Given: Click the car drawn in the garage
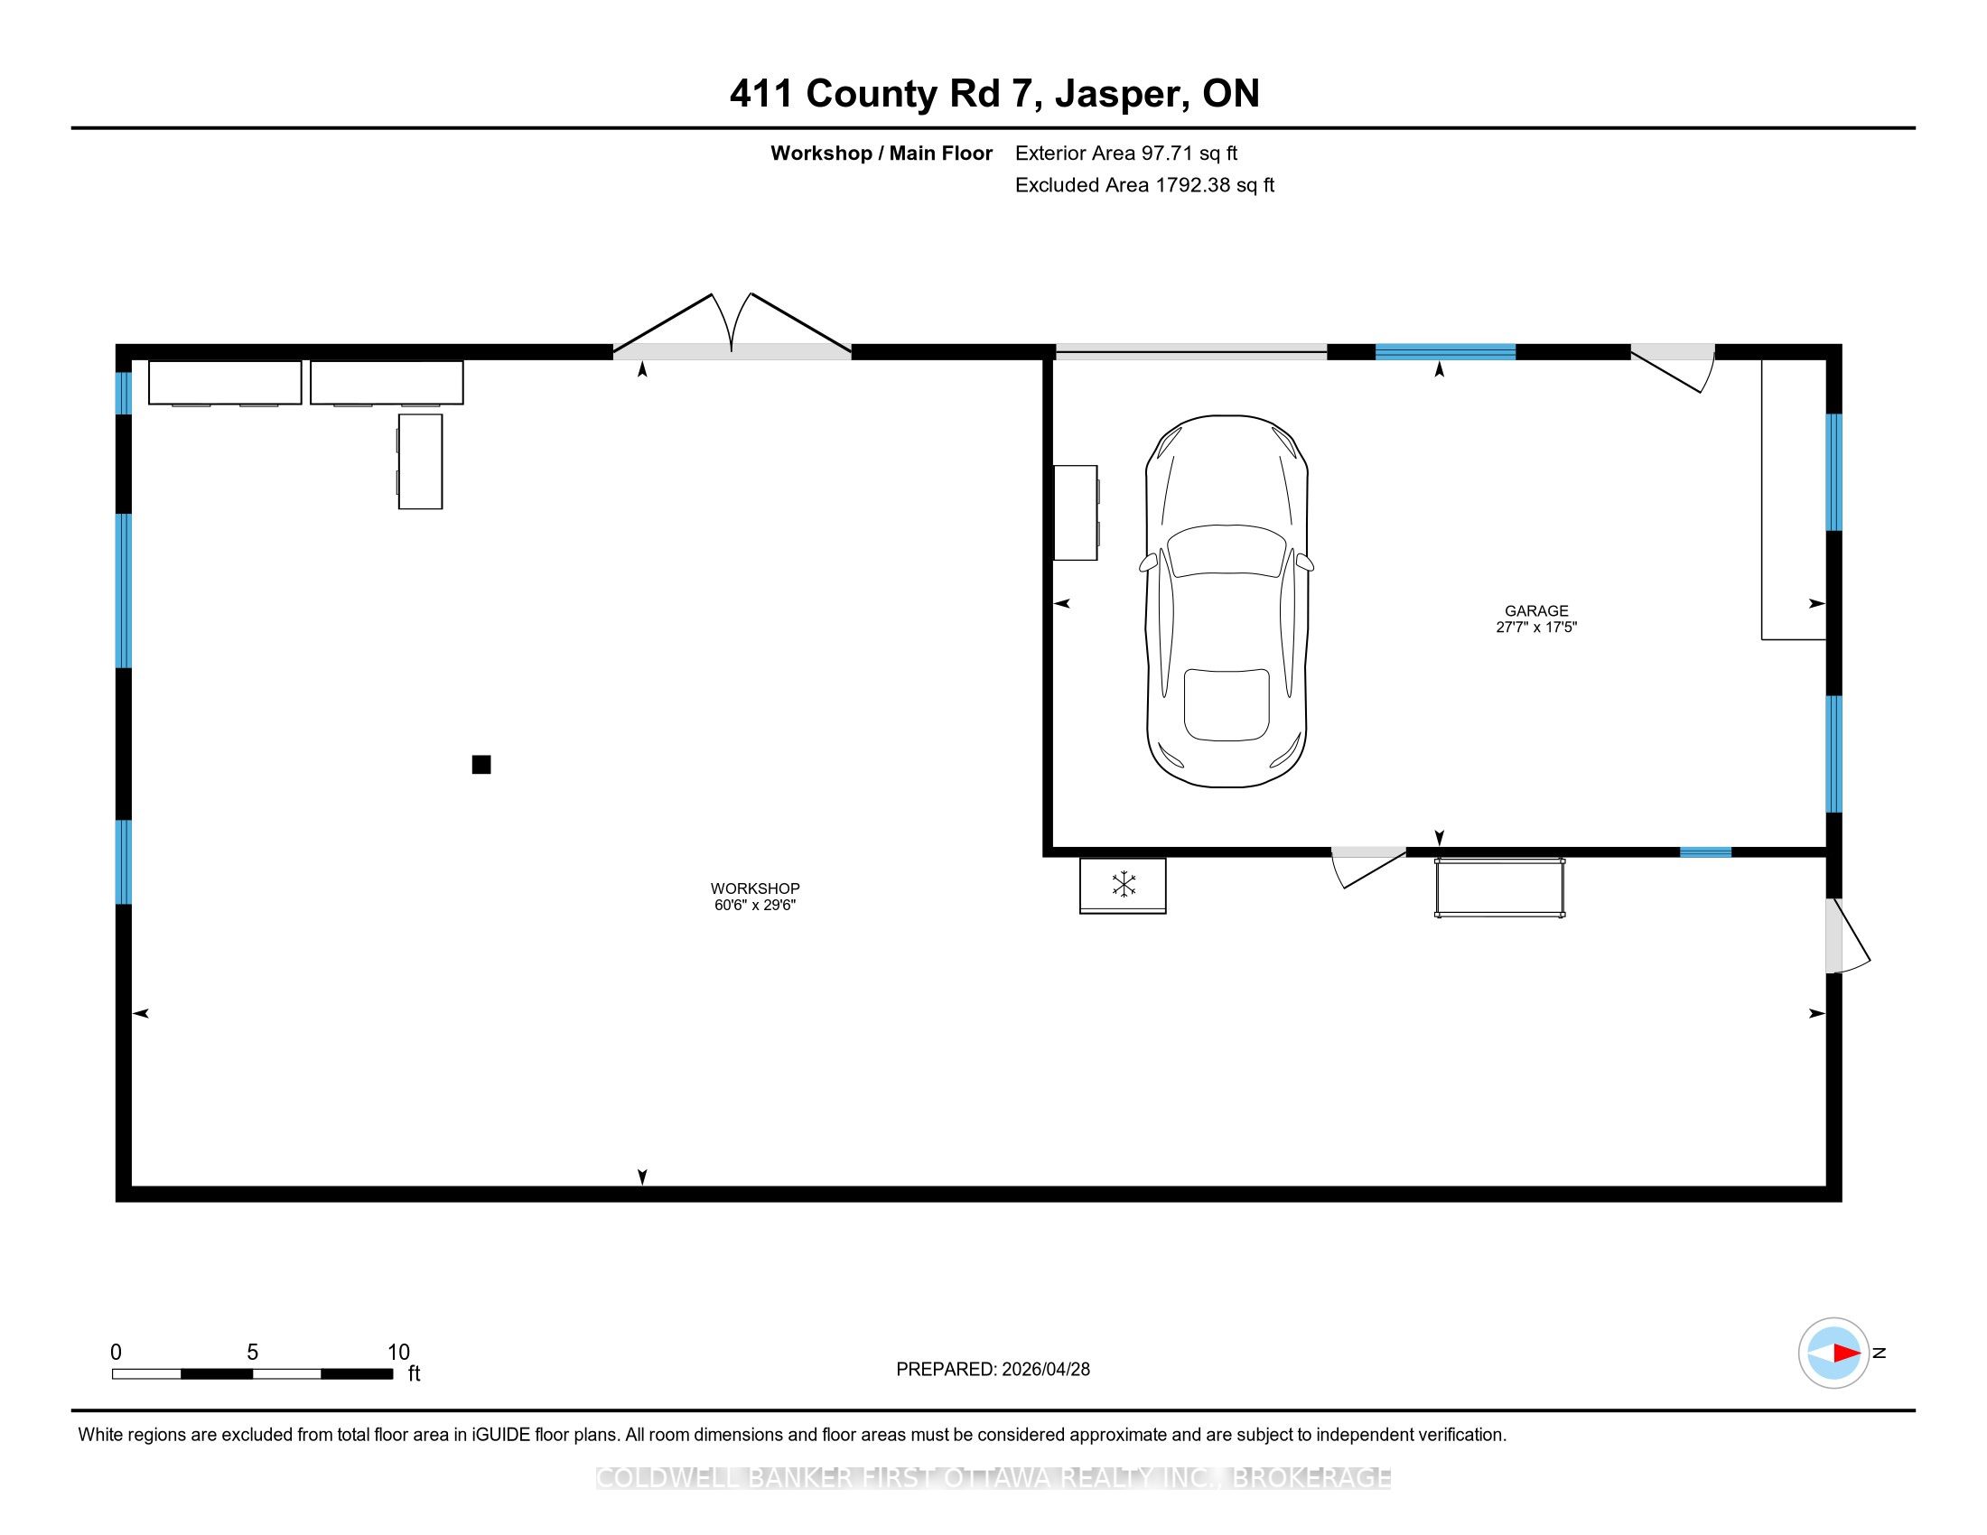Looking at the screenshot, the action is (1227, 601).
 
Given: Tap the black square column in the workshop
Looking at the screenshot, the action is (481, 765).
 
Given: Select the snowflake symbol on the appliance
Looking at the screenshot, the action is (1124, 884).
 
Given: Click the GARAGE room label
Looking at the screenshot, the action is (1536, 611).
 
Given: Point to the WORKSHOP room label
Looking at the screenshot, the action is (755, 888).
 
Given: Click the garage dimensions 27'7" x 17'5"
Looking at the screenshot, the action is (1536, 627).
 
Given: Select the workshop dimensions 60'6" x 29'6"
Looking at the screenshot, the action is (755, 905).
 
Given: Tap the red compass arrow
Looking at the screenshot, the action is (1846, 1354).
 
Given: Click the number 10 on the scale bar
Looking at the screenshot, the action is (398, 1353).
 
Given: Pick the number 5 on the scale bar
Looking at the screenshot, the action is (253, 1353).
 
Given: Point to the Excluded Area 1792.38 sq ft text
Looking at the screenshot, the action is (1144, 185).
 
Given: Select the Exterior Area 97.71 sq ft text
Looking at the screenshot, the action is (1126, 153).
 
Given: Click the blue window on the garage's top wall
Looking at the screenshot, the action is (1445, 352).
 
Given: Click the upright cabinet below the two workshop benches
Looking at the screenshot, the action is (420, 462).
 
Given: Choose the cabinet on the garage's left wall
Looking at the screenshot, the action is (1077, 513).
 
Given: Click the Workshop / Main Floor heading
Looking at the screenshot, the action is (882, 153).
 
